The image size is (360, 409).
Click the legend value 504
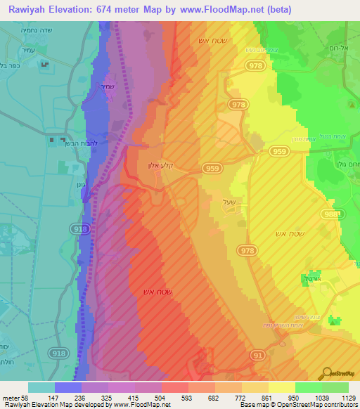[x=161, y=397]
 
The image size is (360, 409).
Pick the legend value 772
[x=241, y=397]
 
